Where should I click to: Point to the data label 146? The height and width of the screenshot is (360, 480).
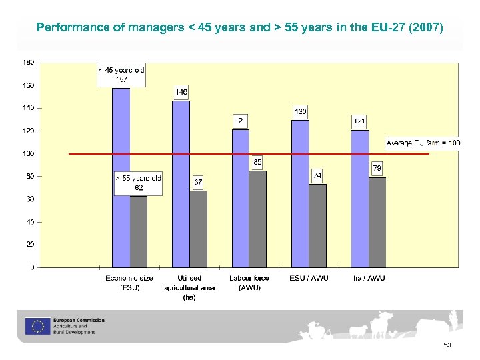pyautogui.click(x=181, y=92)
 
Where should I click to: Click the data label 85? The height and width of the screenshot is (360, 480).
pyautogui.click(x=257, y=162)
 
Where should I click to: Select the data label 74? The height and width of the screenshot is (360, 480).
pyautogui.click(x=317, y=175)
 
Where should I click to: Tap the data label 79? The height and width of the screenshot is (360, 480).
pyautogui.click(x=377, y=169)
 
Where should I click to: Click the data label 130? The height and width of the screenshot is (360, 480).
pyautogui.click(x=301, y=111)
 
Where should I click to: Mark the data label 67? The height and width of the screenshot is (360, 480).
pyautogui.click(x=198, y=182)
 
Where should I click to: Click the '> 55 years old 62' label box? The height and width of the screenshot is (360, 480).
pyautogui.click(x=139, y=183)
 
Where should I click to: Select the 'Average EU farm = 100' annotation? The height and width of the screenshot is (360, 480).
pyautogui.click(x=423, y=143)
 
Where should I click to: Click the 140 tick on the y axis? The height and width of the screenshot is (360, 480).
pyautogui.click(x=29, y=108)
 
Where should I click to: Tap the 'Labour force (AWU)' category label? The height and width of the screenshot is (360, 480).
pyautogui.click(x=249, y=283)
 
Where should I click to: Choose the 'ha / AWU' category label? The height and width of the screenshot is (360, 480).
pyautogui.click(x=369, y=278)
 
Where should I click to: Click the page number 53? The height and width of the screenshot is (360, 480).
pyautogui.click(x=447, y=345)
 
